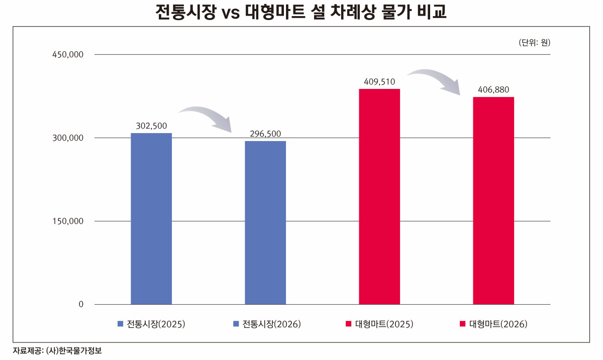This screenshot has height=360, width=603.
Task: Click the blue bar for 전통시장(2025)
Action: (151, 218)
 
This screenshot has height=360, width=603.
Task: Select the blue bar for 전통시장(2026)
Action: (265, 222)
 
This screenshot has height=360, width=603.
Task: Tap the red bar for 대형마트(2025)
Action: (379, 196)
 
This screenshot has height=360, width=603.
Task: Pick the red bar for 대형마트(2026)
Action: (493, 200)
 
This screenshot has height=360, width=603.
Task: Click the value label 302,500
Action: (151, 126)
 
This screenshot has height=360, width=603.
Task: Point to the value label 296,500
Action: (265, 134)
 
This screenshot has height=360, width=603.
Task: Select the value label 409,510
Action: (379, 81)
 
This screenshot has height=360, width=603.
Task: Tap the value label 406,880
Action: (493, 89)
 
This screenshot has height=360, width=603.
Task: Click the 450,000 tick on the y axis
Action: (68, 54)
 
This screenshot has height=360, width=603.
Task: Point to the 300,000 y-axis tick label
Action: (68, 138)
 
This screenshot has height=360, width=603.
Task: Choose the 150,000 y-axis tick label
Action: (68, 221)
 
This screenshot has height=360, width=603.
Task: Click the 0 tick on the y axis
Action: (80, 304)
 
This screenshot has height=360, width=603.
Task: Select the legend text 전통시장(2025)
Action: (156, 324)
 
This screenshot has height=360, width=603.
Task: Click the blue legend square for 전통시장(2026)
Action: (236, 324)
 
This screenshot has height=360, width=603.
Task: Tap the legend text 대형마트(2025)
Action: (384, 324)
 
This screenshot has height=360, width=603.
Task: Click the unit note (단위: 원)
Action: (534, 43)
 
